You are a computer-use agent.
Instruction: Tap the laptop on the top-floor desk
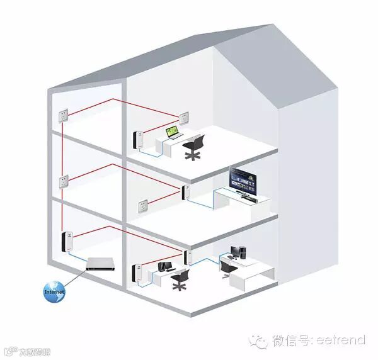[x=172, y=133]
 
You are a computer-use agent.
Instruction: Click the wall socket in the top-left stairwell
[x=63, y=116]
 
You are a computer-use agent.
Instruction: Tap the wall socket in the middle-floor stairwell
[x=63, y=183]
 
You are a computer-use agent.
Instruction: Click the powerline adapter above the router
[x=64, y=241]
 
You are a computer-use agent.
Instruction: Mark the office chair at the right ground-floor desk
[x=226, y=266]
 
